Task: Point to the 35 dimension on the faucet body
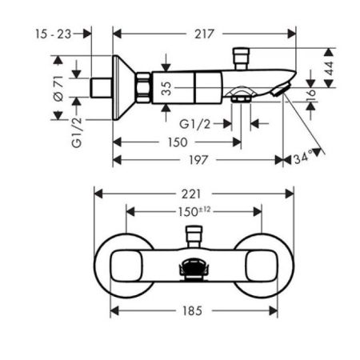pos(166,87)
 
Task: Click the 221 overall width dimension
pos(191,193)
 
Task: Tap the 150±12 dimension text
pos(194,212)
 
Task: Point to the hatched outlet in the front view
pos(192,271)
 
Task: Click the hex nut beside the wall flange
pos(143,87)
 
